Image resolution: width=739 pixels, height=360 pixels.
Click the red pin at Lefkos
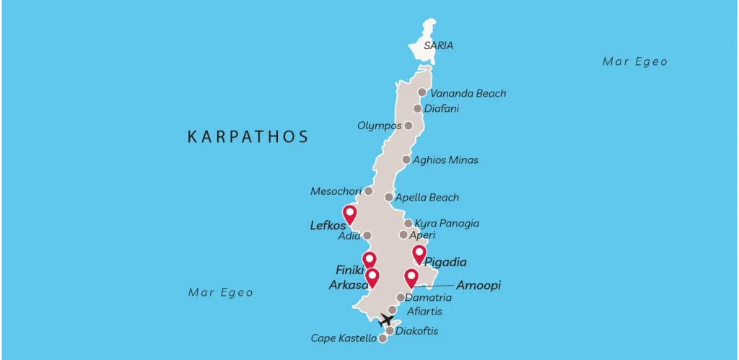coord(350,214)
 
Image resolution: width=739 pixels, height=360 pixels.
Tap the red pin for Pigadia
coord(419,253)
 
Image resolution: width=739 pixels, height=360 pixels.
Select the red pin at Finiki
coord(369,260)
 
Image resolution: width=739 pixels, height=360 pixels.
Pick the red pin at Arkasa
coord(372,277)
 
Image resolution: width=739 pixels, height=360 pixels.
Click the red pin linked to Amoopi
coord(411,277)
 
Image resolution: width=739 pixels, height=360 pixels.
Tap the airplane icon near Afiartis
coord(387,319)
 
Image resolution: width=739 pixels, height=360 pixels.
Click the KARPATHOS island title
coord(248,136)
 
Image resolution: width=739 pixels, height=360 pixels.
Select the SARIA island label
coord(438,45)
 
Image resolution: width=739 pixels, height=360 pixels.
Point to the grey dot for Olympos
coord(408,126)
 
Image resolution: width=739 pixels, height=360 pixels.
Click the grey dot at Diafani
coord(417,109)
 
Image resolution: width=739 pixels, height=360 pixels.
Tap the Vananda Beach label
coord(468,93)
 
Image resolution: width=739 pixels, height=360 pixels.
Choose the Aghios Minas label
coord(445,159)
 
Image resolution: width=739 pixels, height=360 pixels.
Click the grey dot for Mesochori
coord(368,191)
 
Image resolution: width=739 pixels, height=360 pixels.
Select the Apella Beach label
coord(427,197)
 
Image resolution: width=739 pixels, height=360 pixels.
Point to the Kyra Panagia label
coord(447,224)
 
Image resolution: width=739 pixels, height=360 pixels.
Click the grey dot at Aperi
coord(403,234)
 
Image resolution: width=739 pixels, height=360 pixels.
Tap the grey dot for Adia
coord(367,235)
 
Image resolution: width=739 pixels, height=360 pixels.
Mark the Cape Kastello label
coord(344,338)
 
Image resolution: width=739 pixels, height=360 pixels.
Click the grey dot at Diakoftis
coord(390,331)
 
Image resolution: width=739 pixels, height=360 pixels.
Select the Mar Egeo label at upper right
coord(635,61)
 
